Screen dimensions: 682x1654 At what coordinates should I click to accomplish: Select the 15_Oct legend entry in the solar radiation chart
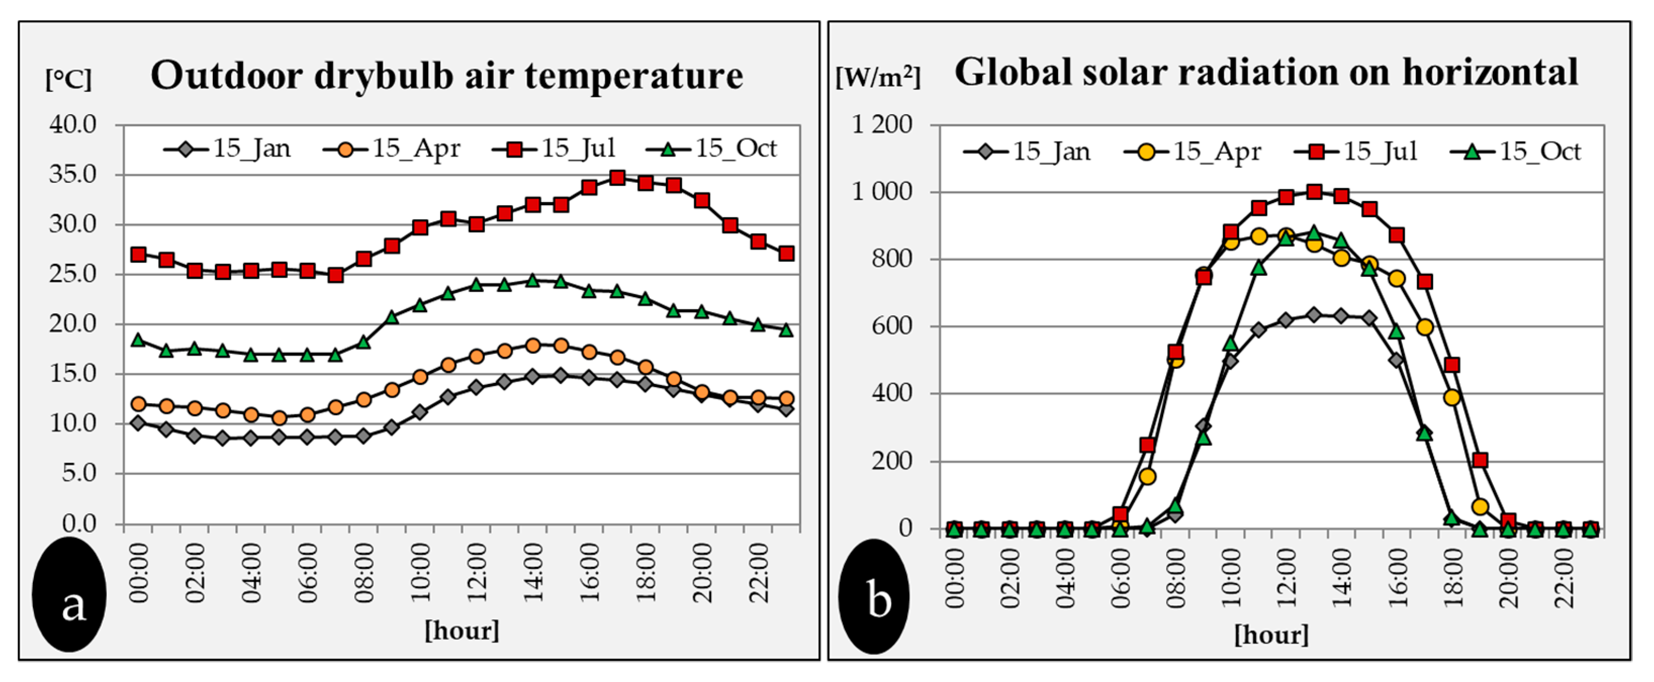1517,152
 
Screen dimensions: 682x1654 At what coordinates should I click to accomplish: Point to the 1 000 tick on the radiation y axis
882,192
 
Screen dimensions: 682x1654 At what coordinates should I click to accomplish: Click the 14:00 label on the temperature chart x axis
533,572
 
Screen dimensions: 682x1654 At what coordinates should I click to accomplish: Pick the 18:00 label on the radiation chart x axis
1452,575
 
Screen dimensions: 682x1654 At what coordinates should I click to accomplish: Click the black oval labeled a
69,594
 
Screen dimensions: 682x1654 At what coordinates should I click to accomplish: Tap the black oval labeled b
874,596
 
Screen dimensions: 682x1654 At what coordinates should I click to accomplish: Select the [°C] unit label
69,79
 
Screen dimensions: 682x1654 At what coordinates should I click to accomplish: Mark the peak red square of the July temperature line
617,178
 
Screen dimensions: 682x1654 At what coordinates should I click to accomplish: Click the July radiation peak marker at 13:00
1314,192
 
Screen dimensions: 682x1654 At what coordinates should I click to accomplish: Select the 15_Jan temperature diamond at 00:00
138,423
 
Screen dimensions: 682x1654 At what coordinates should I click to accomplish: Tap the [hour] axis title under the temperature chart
462,630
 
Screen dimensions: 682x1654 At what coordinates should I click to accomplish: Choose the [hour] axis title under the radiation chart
1271,635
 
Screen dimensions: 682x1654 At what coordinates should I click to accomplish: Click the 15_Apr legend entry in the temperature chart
392,149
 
